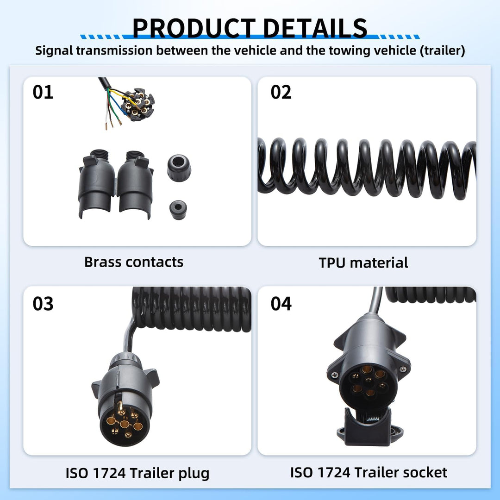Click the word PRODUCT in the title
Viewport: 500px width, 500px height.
click(x=194, y=28)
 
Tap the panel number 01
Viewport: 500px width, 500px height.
click(x=43, y=92)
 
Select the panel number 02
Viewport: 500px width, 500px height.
click(x=281, y=92)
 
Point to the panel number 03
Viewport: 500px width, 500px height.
click(x=43, y=304)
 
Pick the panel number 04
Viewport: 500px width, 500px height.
click(x=281, y=304)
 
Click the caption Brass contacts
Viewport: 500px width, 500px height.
click(x=134, y=262)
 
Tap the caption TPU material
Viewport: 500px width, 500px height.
click(x=363, y=263)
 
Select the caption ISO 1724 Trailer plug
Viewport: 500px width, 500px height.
click(x=137, y=474)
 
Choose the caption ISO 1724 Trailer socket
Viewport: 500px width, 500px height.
click(x=369, y=473)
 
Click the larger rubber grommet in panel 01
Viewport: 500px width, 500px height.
click(x=179, y=168)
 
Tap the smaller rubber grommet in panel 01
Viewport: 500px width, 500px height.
click(x=178, y=210)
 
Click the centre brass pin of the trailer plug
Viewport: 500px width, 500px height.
click(x=125, y=424)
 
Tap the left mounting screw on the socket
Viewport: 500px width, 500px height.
click(x=335, y=375)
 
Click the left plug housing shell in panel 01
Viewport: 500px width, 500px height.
click(x=97, y=184)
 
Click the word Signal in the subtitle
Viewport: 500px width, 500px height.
click(x=54, y=51)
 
